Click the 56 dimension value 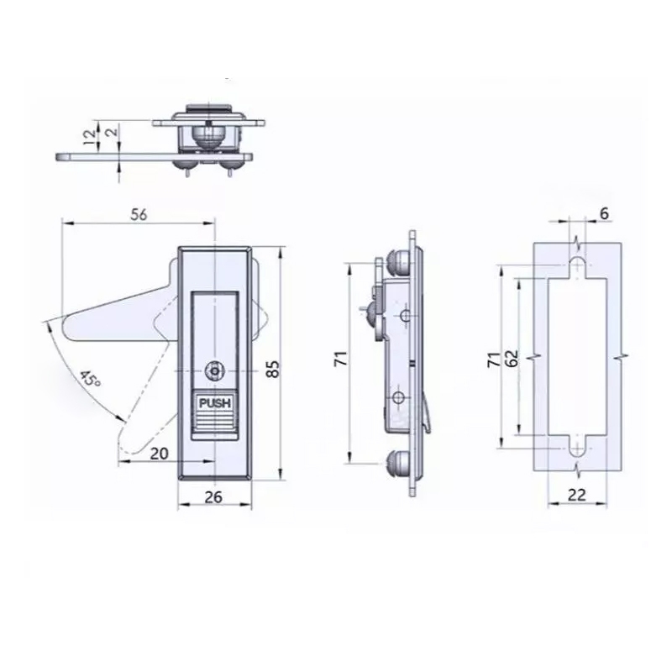pos(139,214)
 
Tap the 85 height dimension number pos(273,369)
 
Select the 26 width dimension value pos(213,497)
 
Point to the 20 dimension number pos(160,454)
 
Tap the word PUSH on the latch pos(215,403)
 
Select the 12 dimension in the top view pos(90,137)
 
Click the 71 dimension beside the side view pos(341,359)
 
